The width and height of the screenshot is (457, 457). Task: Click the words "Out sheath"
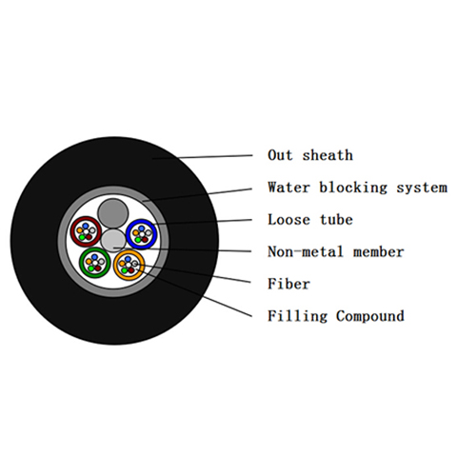[310, 155]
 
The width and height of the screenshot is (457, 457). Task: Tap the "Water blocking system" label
[357, 188]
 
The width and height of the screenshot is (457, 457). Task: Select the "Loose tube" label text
[310, 220]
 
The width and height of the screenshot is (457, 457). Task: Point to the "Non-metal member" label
[335, 252]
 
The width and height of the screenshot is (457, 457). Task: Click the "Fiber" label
[288, 284]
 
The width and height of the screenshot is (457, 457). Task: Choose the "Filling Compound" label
[336, 316]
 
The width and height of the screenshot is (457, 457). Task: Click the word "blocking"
[353, 188]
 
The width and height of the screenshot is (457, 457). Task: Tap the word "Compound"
[370, 316]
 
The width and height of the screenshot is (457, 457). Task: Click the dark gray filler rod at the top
[113, 213]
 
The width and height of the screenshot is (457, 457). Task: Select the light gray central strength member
[113, 241]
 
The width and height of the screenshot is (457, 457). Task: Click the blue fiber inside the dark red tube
[85, 226]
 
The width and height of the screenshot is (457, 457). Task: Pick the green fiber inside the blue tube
[138, 240]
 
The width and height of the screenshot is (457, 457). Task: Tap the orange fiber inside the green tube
[89, 262]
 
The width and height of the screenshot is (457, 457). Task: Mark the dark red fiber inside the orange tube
[131, 270]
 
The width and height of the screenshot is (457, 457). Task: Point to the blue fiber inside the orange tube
[128, 259]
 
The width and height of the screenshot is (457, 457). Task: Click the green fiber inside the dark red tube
[82, 237]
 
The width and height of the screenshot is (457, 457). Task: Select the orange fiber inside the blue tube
[136, 232]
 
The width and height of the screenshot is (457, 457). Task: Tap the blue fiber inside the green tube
[94, 257]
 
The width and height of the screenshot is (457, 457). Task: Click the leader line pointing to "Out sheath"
[202, 157]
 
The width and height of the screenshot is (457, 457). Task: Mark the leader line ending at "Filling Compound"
[194, 292]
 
